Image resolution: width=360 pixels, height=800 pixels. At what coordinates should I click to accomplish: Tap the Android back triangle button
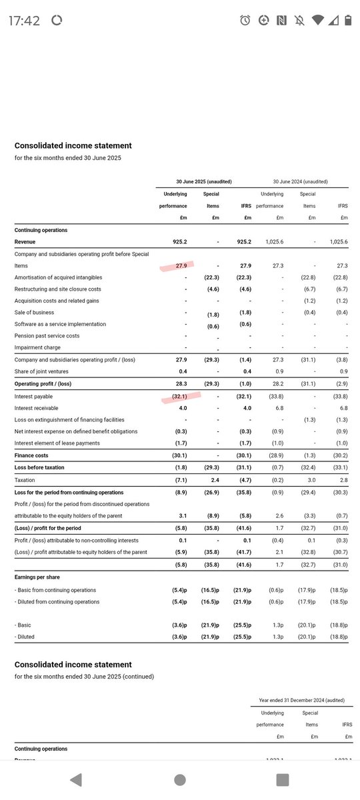tap(77, 779)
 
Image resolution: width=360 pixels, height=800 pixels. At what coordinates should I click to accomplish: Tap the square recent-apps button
tap(283, 779)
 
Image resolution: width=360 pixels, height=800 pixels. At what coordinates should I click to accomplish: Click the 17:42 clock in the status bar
tap(24, 21)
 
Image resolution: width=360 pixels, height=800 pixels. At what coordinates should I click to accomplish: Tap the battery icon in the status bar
tap(347, 21)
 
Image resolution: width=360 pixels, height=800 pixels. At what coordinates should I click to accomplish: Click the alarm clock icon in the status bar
tap(245, 21)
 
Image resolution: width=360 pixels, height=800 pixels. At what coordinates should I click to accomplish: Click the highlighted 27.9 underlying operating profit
tap(181, 266)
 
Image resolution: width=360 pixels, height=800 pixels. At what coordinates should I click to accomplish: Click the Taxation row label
tap(25, 480)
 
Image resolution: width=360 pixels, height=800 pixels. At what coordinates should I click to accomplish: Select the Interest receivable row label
tap(36, 408)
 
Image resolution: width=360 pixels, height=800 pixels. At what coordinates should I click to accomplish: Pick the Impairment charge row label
tap(37, 347)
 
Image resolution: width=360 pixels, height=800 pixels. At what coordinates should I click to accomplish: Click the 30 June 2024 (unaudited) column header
tap(299, 181)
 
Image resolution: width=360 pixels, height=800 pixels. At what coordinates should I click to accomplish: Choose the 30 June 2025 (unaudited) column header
tap(203, 181)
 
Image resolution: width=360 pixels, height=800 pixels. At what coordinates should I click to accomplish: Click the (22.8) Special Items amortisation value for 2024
tap(309, 277)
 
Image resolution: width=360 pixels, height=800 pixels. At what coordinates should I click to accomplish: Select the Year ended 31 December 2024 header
tap(302, 700)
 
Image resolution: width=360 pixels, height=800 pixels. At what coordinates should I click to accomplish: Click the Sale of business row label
tap(34, 313)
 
